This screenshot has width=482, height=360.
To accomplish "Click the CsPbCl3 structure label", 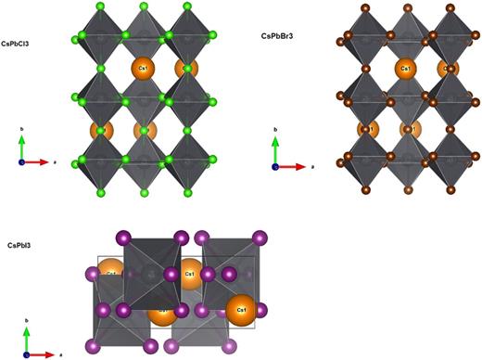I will pos(23,43).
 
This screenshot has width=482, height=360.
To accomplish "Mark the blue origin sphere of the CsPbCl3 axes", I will pos(21,161).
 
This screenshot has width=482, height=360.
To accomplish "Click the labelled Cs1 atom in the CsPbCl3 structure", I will pos(143,68).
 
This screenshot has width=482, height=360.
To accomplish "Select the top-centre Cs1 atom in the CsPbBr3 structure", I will pos(404,69).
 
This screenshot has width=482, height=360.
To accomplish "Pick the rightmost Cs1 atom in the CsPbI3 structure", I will pos(241,308).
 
